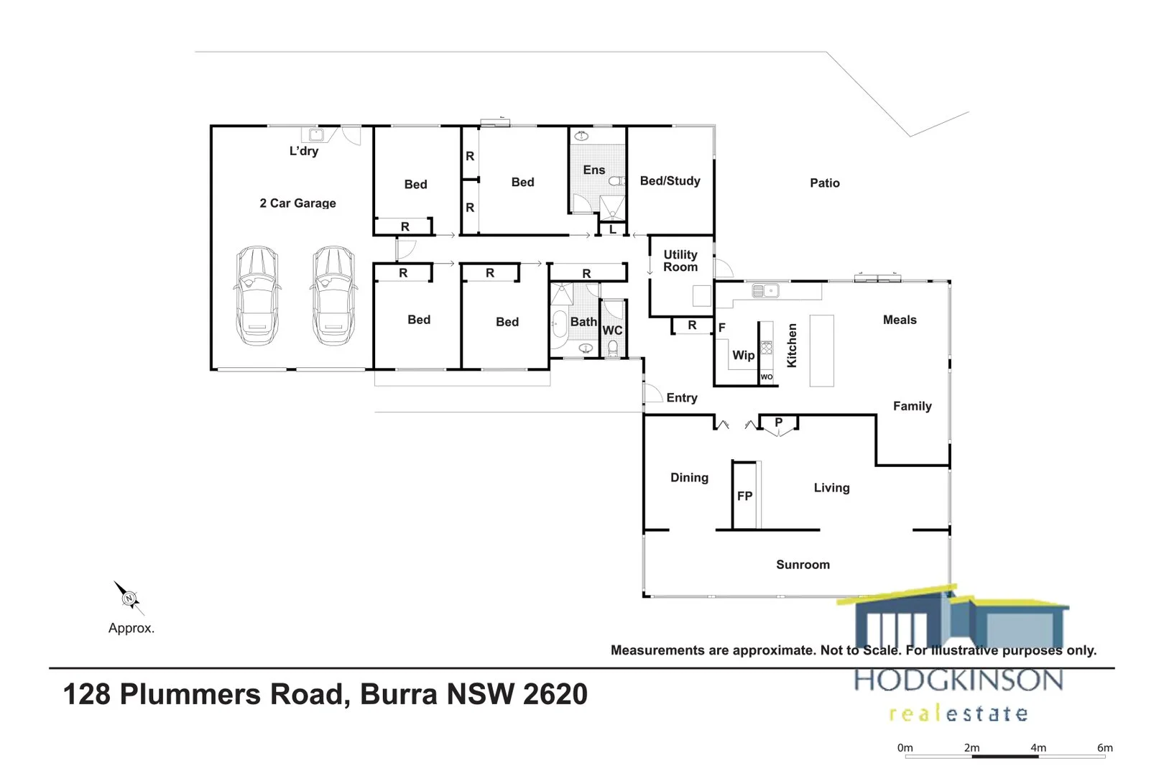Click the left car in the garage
tap(257, 295)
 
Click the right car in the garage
tap(333, 295)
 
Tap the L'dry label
tap(303, 151)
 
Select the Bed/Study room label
tap(670, 181)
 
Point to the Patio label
tap(824, 183)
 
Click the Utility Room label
tap(680, 261)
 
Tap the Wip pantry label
tap(743, 355)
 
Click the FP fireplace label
tap(744, 496)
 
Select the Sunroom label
tap(803, 565)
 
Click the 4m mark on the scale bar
tap(1038, 748)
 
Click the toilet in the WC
tap(613, 348)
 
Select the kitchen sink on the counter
tap(765, 291)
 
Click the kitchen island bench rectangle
tap(821, 351)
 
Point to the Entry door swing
tap(652, 394)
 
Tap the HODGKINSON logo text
tap(959, 680)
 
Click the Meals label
tap(900, 320)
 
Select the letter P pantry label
tap(778, 422)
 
